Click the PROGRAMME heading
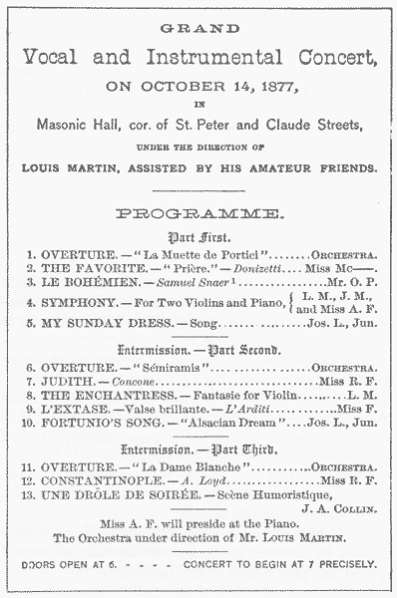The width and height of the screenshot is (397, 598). pyautogui.click(x=198, y=213)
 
